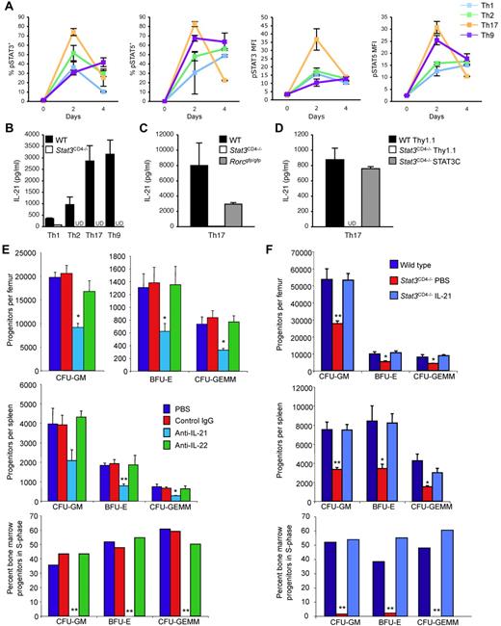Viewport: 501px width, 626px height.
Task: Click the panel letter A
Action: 8,8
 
